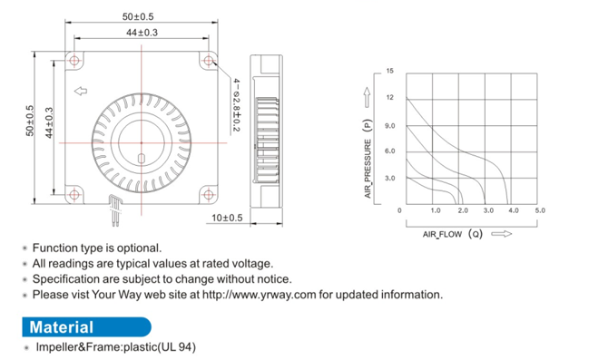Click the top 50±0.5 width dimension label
138,16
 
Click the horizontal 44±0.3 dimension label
142,33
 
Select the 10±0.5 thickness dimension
227,218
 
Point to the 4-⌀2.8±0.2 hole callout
236,105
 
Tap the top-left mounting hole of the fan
74,61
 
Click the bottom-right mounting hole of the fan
209,195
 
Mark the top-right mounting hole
209,61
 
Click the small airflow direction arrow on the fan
81,91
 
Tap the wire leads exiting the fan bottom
115,210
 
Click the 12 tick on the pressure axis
389,97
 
